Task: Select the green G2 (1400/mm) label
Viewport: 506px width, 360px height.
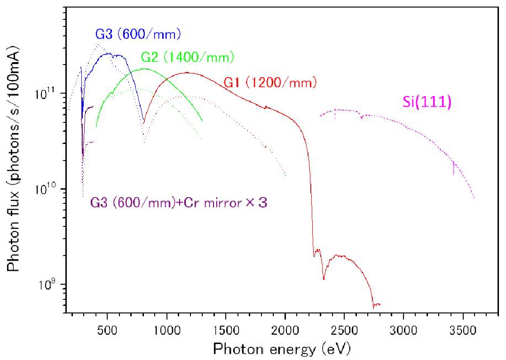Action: click(187, 57)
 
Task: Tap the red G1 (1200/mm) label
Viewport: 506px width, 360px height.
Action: click(270, 82)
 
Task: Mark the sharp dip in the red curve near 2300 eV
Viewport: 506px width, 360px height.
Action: click(324, 279)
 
